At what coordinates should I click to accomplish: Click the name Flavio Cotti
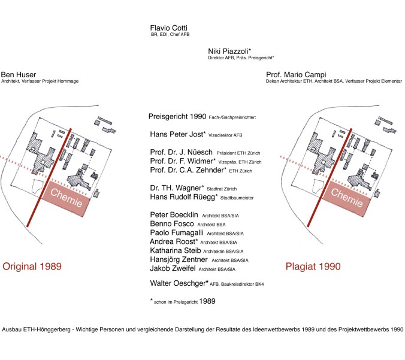pyautogui.click(x=170, y=28)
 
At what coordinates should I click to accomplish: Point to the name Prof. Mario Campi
pyautogui.click(x=297, y=74)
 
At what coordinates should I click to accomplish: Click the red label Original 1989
pyautogui.click(x=32, y=265)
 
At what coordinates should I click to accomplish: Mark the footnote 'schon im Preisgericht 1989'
pyautogui.click(x=185, y=301)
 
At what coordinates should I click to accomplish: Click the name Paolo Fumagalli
pyautogui.click(x=177, y=232)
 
